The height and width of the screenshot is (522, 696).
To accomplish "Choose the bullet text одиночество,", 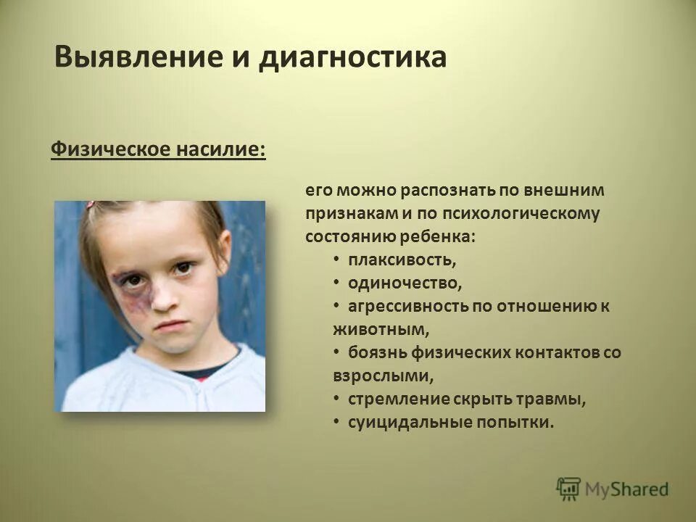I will tap(405, 282).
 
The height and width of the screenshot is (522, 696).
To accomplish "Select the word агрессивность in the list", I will tap(408, 306).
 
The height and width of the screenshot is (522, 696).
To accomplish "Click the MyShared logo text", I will tap(627, 489).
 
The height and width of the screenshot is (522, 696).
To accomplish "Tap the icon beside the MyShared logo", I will tap(569, 489).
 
